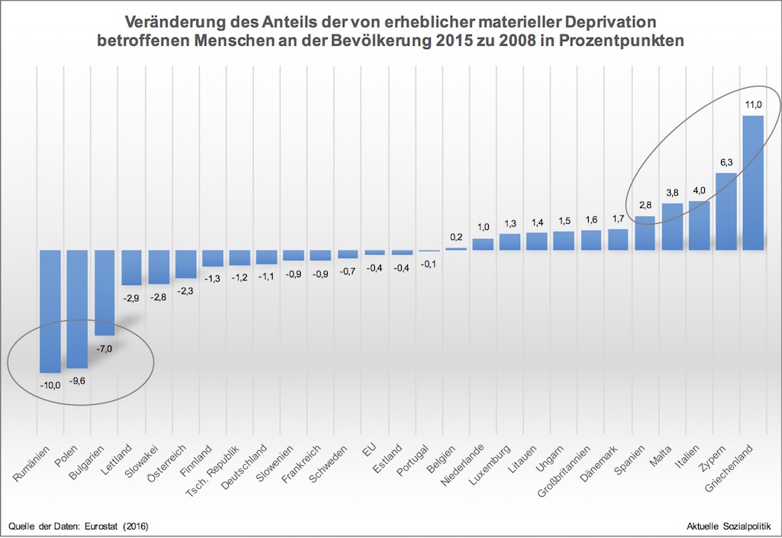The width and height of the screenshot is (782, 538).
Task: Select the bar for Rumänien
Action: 50,310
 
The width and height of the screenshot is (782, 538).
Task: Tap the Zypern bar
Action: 725,212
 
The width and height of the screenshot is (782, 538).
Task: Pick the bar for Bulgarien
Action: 104,293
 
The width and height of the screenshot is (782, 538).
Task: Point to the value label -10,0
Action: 50,385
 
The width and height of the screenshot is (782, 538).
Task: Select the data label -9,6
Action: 78,380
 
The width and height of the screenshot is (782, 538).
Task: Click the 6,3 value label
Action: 725,162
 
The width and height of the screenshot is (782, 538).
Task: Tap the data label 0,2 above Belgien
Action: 456,236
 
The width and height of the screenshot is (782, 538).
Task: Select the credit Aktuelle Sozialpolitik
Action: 730,527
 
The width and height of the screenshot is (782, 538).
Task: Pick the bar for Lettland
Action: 132,267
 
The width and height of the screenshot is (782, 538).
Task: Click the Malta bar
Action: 672,227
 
